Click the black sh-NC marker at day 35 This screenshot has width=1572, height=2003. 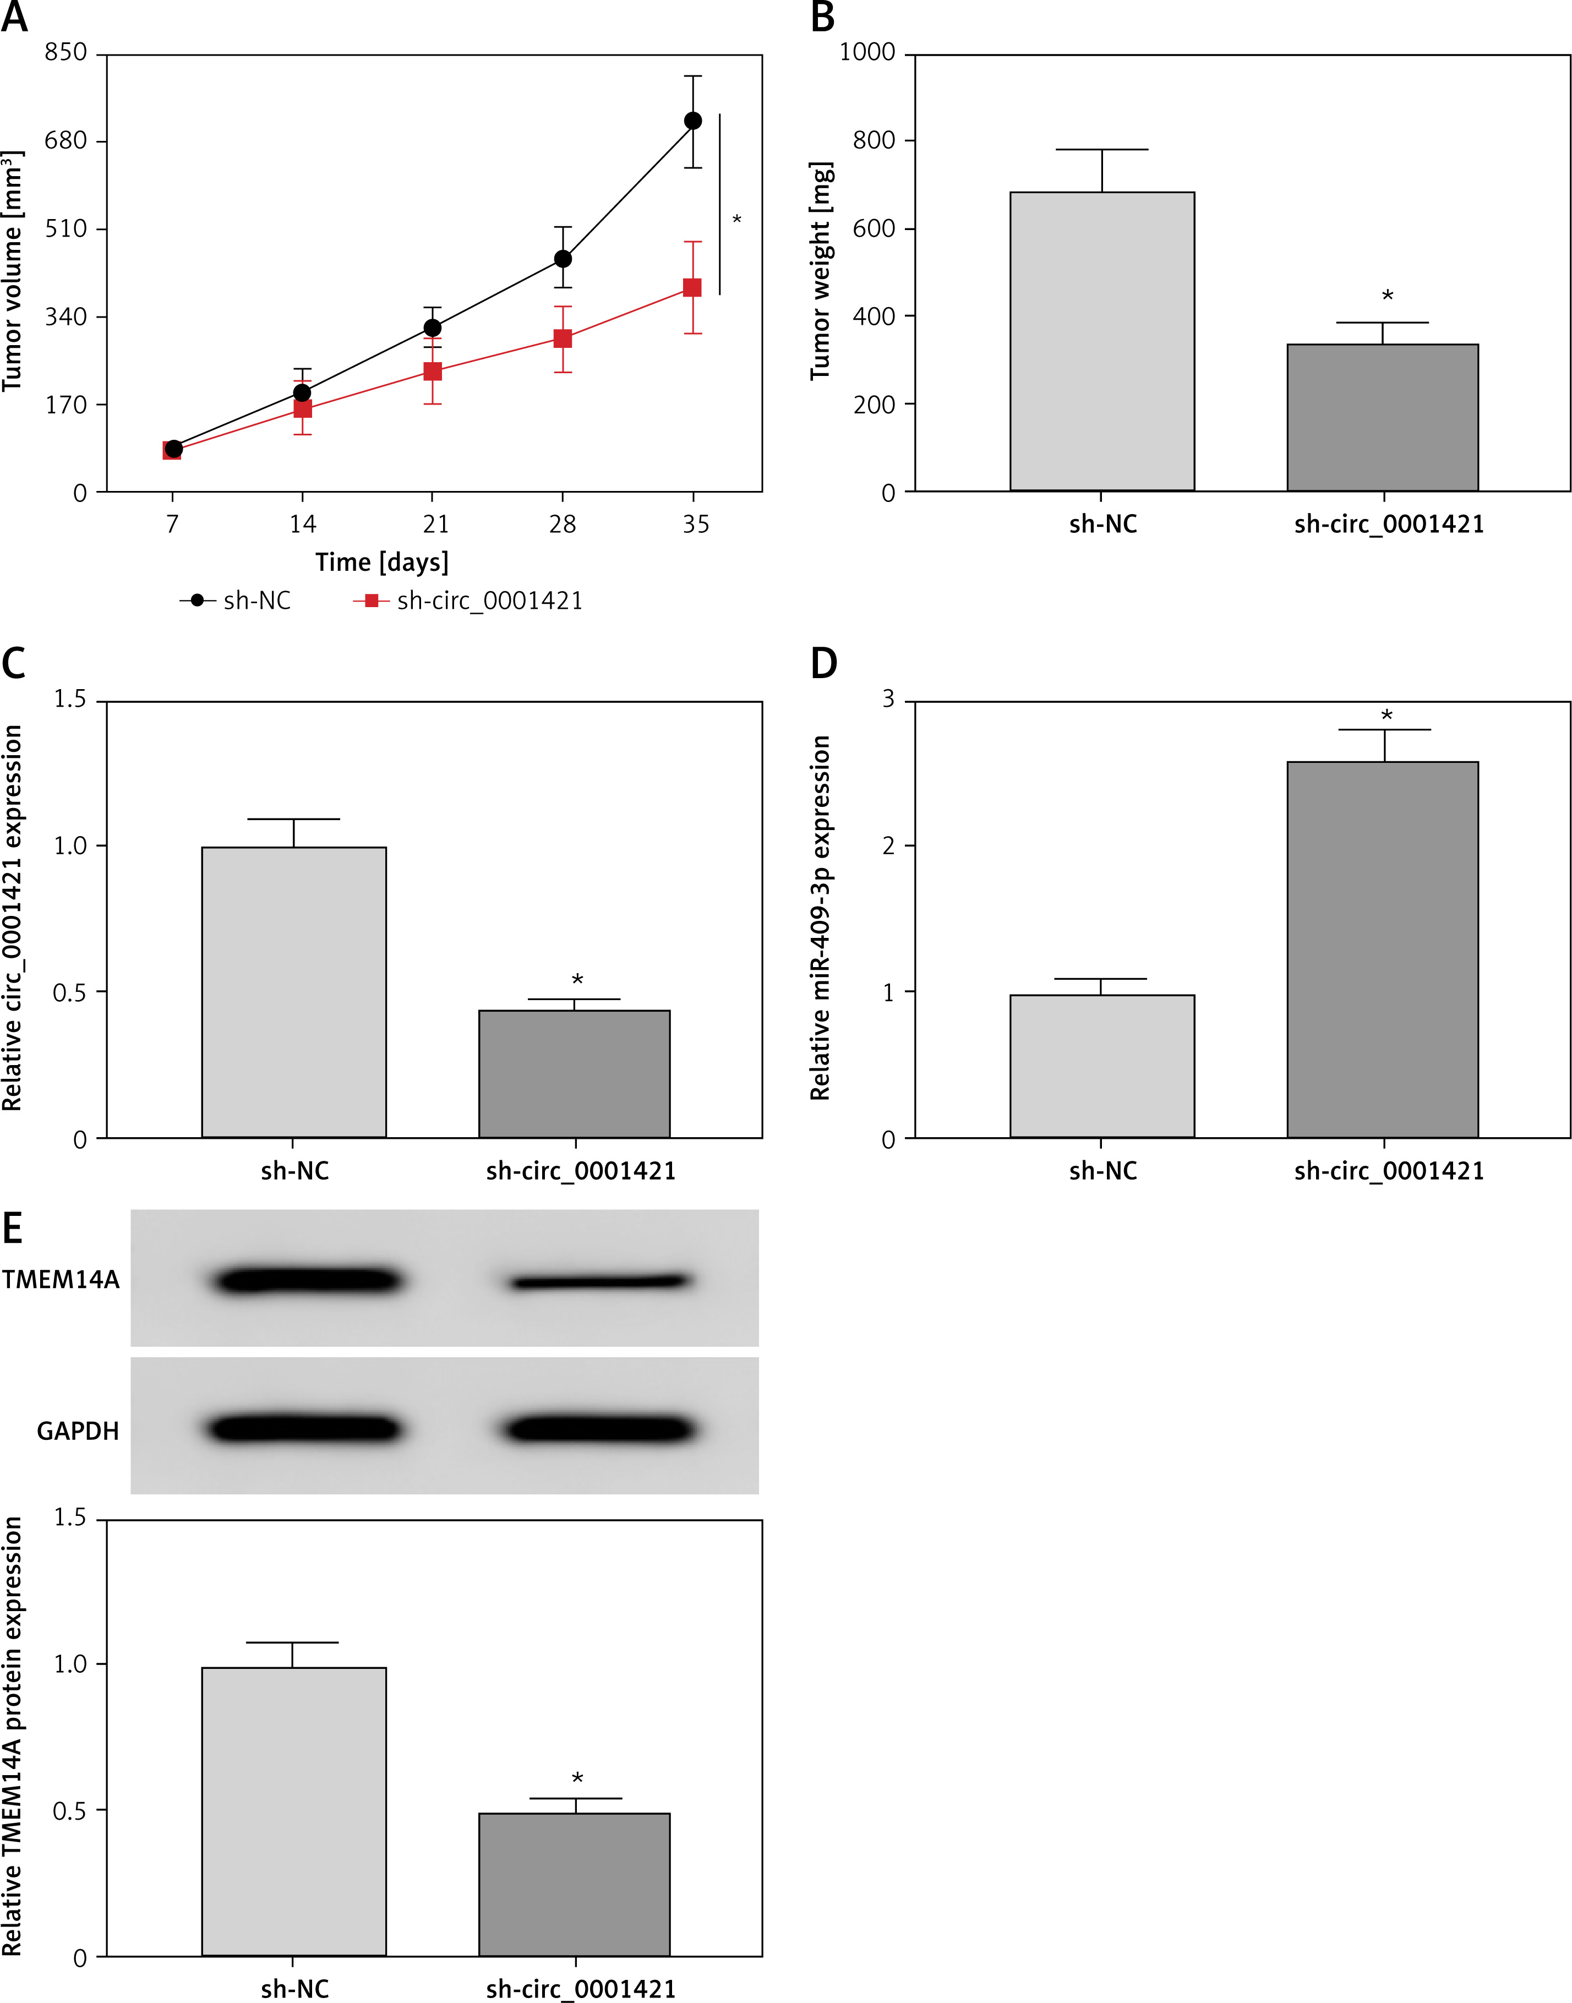[x=693, y=121]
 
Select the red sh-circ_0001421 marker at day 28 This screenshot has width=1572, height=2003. [x=563, y=339]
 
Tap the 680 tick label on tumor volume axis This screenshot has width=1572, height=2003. [x=65, y=141]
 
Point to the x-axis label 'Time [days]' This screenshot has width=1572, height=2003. [x=382, y=561]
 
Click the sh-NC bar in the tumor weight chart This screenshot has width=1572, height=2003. [x=1102, y=341]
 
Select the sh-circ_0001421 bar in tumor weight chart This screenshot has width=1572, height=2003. [x=1383, y=417]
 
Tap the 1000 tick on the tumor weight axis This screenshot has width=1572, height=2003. [x=867, y=52]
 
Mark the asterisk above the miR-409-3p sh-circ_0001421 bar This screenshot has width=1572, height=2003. [x=1386, y=715]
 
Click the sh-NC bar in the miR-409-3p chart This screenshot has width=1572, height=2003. [x=1102, y=1066]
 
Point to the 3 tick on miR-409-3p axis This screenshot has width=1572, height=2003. [x=888, y=700]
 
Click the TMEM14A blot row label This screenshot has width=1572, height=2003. [x=61, y=1280]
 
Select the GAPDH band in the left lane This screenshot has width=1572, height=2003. [x=304, y=1428]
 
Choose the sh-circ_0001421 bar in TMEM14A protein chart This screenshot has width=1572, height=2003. [x=574, y=1884]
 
